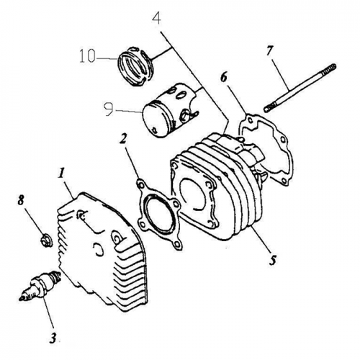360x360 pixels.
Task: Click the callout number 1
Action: (x=62, y=174)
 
